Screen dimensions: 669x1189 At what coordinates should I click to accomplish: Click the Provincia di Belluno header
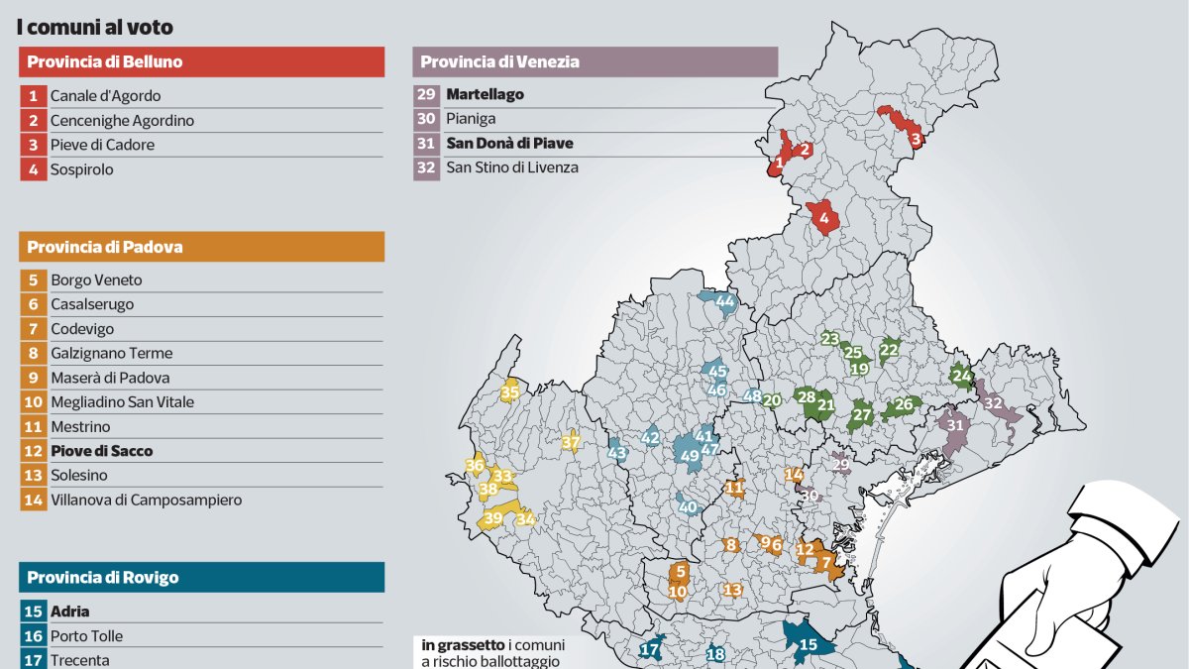click(x=201, y=62)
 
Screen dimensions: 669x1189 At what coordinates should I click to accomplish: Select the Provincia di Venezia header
click(x=594, y=62)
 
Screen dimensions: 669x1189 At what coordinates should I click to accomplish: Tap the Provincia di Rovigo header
click(x=201, y=577)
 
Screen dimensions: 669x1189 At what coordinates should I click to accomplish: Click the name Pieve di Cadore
click(x=102, y=145)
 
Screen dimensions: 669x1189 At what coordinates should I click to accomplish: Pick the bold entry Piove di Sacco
click(x=101, y=451)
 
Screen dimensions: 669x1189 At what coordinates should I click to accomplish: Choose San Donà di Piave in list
click(x=509, y=144)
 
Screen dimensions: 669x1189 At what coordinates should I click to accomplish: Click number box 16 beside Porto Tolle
click(x=32, y=636)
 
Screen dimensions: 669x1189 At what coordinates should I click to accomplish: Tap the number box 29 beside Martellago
click(x=426, y=95)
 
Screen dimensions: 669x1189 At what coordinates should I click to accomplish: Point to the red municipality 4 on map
click(x=823, y=217)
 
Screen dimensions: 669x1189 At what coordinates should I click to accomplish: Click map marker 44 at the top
click(x=725, y=301)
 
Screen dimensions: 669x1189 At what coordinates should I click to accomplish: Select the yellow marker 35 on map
click(x=510, y=392)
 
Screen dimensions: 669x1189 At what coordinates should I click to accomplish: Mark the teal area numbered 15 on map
click(x=808, y=644)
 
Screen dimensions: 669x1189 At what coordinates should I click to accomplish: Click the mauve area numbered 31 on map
click(x=955, y=426)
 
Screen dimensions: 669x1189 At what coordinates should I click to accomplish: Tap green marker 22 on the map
click(x=889, y=349)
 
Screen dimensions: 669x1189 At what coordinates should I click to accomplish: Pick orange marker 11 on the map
click(x=734, y=487)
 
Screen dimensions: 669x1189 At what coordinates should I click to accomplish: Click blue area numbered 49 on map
click(x=690, y=455)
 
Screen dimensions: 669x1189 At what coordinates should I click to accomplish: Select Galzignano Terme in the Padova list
click(x=111, y=353)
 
